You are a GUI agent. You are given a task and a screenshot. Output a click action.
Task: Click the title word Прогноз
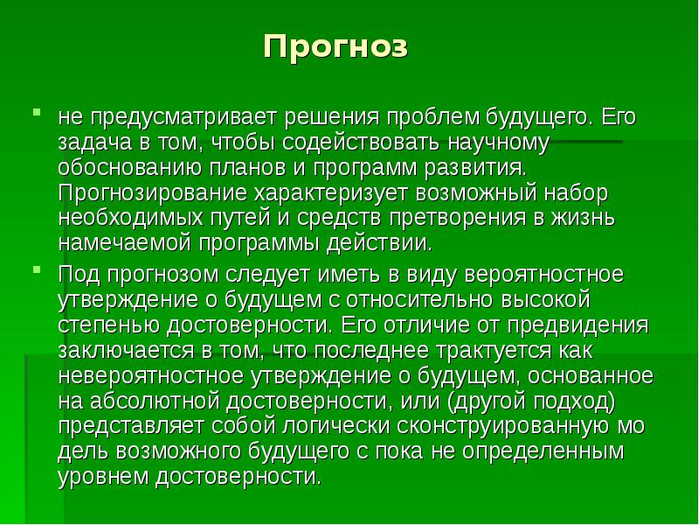[336, 46]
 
